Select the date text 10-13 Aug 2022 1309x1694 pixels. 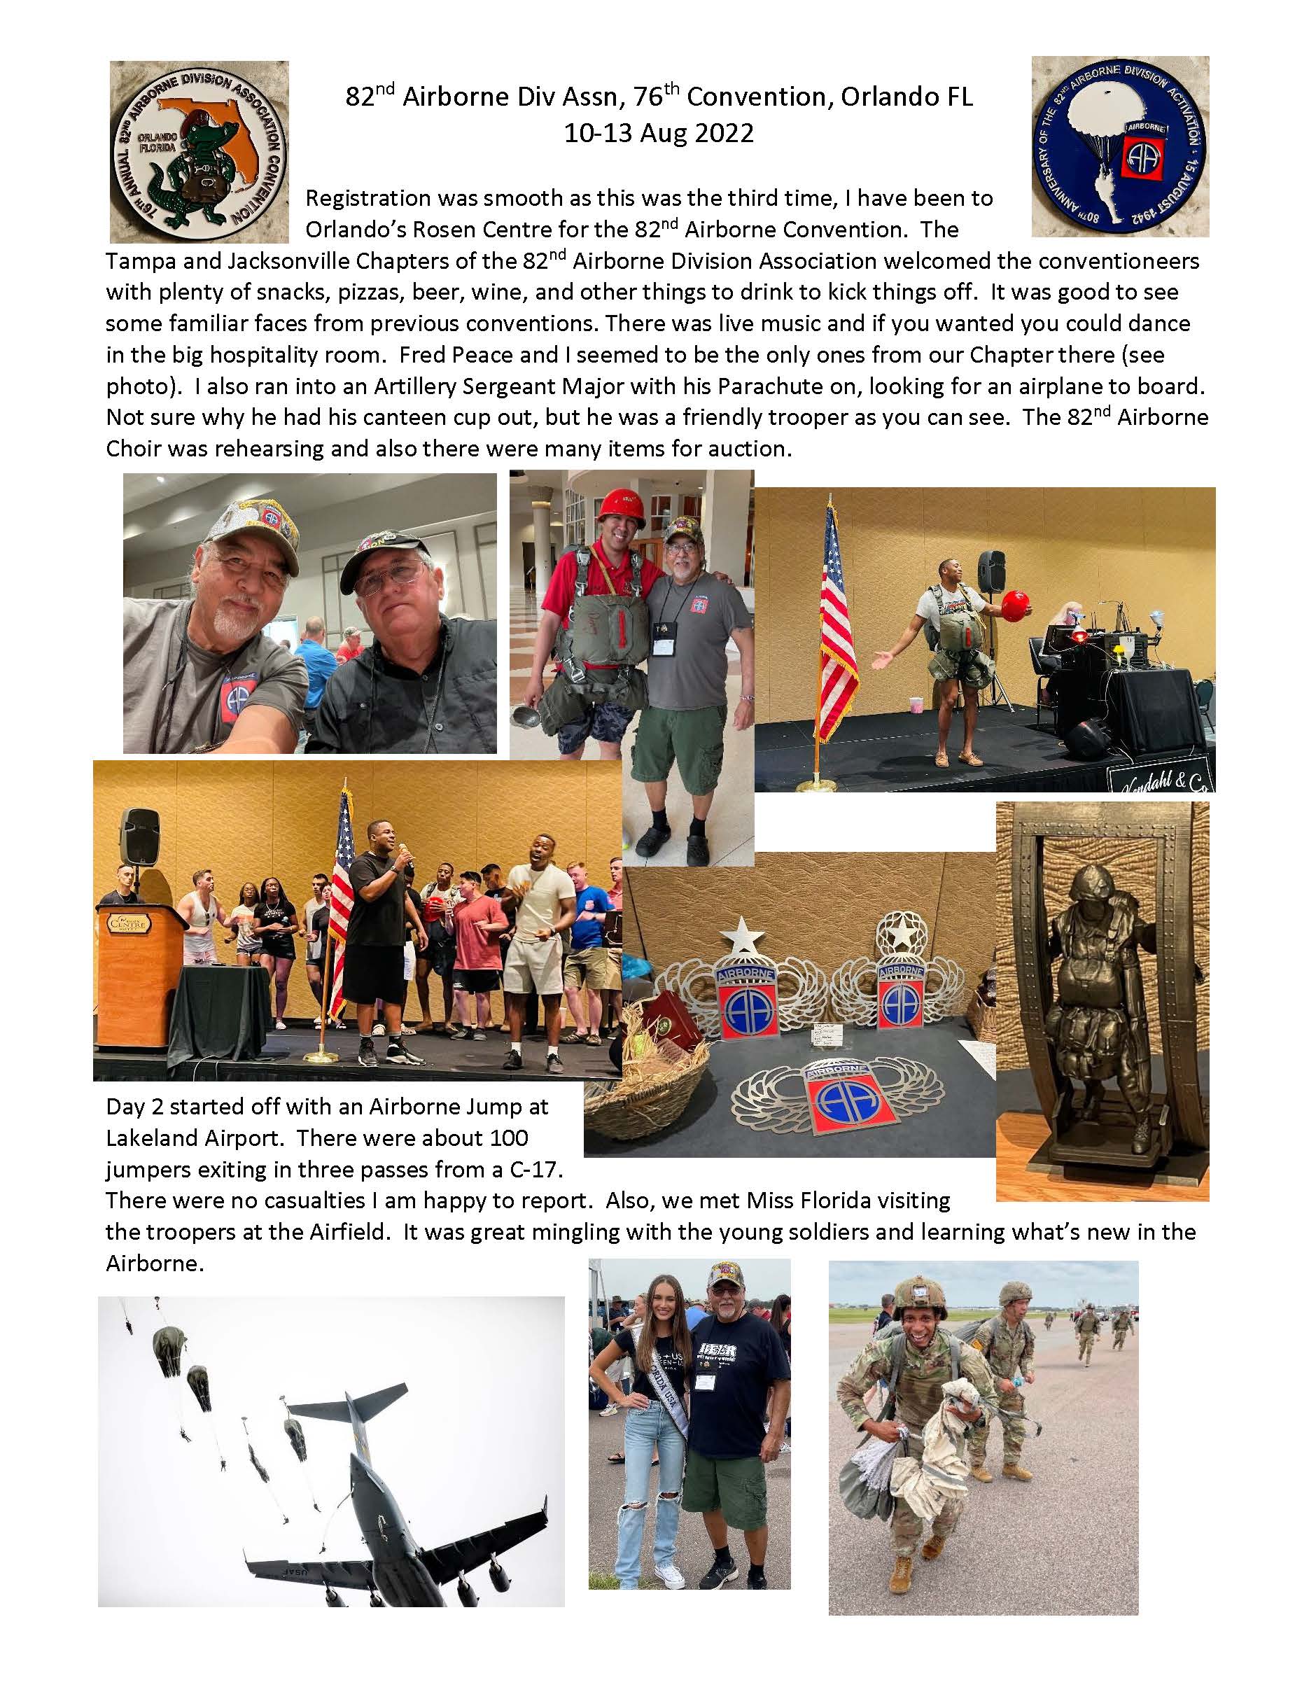coord(659,134)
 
